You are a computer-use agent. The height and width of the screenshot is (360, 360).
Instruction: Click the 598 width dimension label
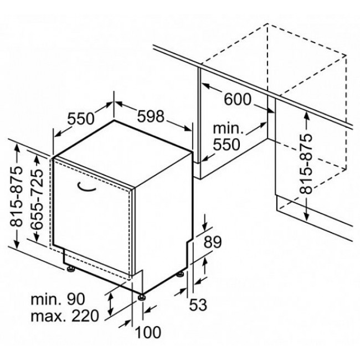151,116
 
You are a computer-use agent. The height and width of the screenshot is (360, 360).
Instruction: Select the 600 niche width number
238,99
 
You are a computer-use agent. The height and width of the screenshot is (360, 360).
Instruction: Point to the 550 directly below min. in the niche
227,144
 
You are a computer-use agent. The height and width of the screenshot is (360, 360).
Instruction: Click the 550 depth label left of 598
81,119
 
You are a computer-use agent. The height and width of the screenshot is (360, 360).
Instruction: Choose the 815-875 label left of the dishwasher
16,197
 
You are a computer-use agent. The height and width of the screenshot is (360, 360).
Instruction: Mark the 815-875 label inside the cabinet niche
307,164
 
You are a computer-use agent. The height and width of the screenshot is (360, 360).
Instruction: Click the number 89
213,242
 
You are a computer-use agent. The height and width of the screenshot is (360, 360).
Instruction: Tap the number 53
198,305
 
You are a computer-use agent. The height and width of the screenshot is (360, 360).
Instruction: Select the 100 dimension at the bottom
148,332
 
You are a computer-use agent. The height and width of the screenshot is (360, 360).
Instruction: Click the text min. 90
58,299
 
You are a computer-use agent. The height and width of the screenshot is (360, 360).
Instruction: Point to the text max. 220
65,316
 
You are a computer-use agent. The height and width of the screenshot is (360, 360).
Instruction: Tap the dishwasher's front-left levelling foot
70,269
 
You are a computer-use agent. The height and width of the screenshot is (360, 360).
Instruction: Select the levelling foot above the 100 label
141,297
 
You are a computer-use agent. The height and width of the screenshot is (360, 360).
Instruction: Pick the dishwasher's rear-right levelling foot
180,274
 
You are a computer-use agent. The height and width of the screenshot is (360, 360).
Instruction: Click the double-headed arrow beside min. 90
111,305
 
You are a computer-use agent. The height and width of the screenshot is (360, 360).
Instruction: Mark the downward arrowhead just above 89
205,226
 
